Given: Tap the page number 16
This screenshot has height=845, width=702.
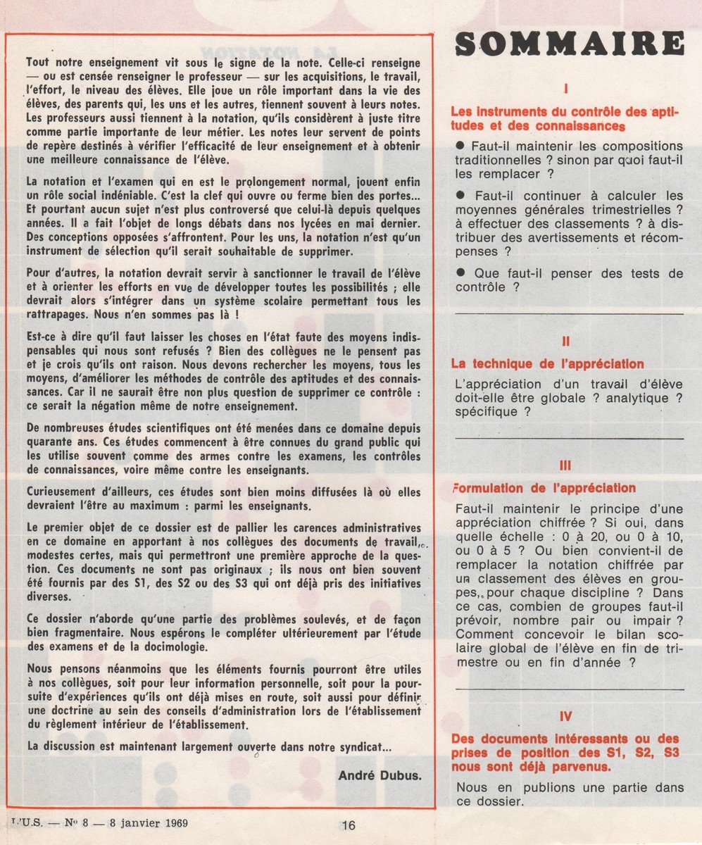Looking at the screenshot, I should pos(349,826).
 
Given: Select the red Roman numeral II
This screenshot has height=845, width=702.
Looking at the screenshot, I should pos(566,342).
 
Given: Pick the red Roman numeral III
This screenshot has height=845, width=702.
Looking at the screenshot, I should pos(566,465).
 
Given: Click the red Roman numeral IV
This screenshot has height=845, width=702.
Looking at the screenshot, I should pos(566,717).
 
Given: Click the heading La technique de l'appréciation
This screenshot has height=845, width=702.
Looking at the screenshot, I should pos(547,364).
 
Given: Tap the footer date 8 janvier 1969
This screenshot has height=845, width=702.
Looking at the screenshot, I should pos(149,821).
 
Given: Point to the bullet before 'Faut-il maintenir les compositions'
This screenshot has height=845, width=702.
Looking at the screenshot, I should pos(462,144).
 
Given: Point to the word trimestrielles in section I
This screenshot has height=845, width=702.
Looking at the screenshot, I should pos(622,208).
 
